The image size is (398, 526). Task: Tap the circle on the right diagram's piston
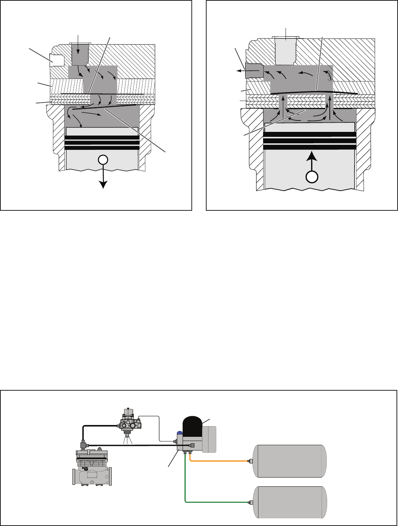312,177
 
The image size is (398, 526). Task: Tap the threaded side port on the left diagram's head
56,59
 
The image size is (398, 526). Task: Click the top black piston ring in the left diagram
102,138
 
